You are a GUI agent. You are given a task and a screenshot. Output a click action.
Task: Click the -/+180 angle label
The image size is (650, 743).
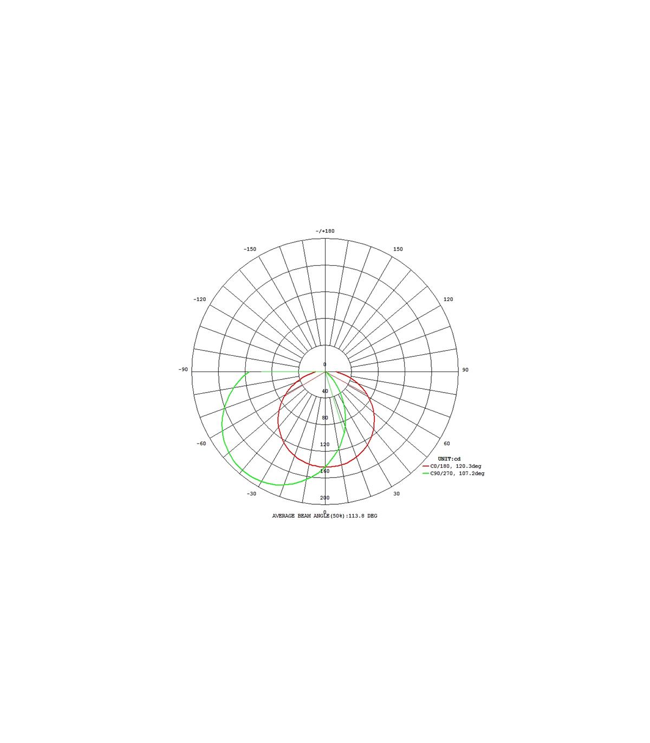[324, 231]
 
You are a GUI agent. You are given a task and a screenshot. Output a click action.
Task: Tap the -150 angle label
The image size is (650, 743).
[250, 249]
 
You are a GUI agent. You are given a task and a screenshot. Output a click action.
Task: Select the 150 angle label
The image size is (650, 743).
[398, 249]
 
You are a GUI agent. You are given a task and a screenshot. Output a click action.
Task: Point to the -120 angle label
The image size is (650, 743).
[199, 299]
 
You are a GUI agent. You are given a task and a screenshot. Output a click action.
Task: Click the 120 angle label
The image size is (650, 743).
[448, 299]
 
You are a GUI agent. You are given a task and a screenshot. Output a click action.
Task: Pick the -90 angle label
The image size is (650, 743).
[183, 369]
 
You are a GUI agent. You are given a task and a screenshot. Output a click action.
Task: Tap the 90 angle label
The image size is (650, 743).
[465, 370]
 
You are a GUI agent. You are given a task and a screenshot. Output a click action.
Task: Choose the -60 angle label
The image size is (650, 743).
[201, 444]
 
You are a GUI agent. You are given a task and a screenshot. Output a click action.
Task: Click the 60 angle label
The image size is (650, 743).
[447, 444]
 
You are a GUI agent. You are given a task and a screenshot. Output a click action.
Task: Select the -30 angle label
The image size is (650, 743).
[251, 493]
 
